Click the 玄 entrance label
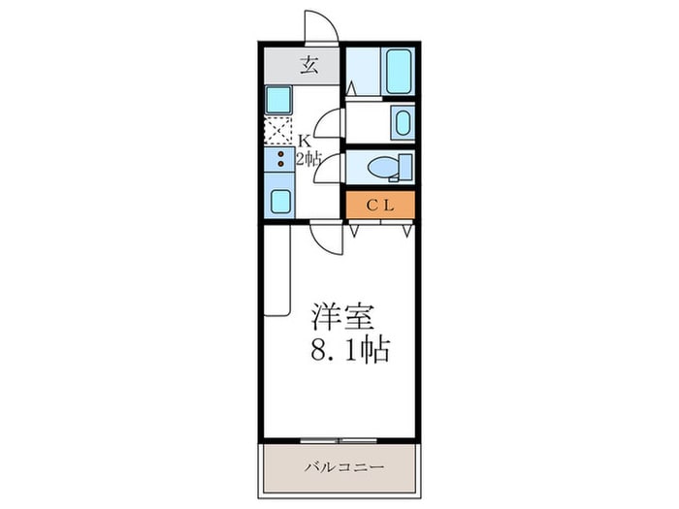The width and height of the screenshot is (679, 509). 309,66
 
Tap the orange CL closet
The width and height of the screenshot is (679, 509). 380,205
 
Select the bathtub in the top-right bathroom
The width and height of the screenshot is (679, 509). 400,70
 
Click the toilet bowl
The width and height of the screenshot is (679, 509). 384,167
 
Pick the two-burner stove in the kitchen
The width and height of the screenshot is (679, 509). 278,161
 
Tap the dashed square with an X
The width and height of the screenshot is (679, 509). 278,130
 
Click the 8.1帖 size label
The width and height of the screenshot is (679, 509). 350,349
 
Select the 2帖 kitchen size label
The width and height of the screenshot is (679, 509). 307,159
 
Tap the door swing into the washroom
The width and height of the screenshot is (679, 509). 331,122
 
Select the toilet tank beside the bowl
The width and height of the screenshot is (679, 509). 405,167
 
